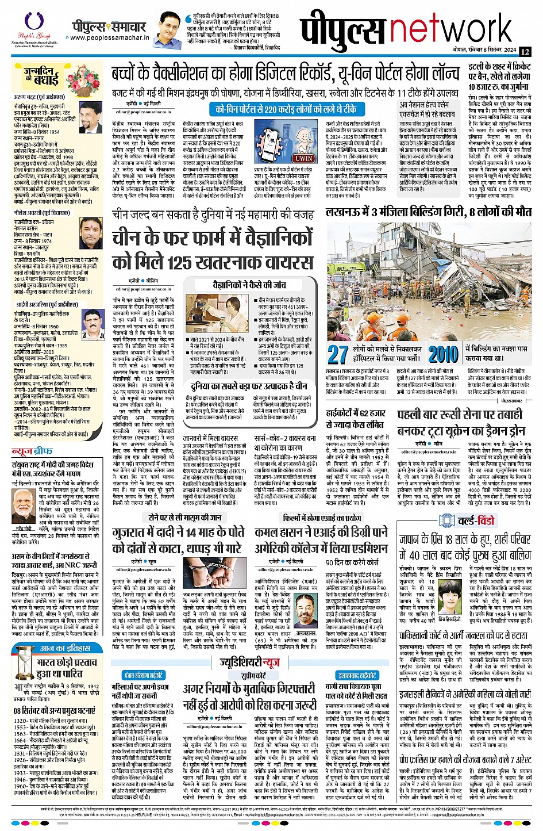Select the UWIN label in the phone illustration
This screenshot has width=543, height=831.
304,158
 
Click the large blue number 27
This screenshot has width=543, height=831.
338,354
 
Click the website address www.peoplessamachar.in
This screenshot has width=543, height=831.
109,39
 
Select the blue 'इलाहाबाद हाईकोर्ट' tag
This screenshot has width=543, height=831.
357,676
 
